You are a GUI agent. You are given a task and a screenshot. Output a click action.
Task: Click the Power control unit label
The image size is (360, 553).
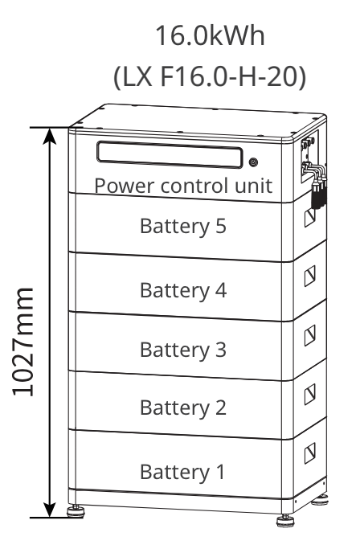183,186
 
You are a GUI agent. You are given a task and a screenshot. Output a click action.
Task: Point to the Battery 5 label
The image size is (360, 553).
183,226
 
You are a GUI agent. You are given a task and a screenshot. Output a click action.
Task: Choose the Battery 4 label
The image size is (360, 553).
183,289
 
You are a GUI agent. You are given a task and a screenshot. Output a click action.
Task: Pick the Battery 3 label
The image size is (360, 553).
183,350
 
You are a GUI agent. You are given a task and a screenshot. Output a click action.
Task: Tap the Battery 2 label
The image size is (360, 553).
183,408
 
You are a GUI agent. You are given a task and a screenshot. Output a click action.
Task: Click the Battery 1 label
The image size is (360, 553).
183,469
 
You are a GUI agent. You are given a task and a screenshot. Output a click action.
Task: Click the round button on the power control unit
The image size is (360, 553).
254,162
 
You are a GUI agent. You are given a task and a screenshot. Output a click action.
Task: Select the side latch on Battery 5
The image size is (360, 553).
310,217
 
